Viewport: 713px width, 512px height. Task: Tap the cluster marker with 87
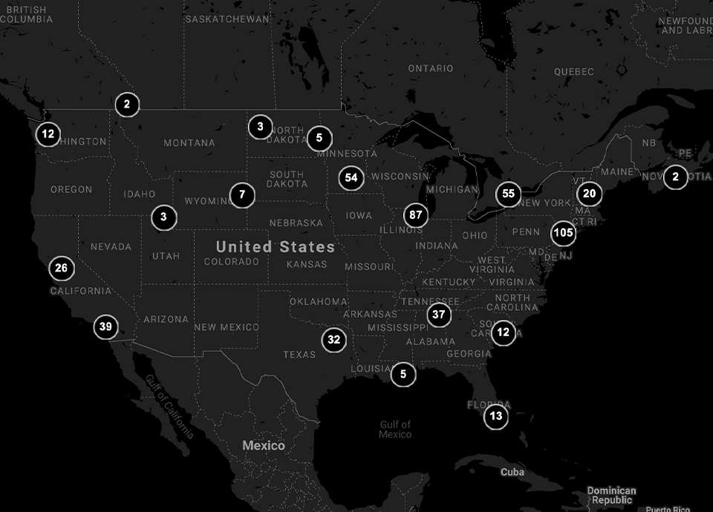(x=416, y=216)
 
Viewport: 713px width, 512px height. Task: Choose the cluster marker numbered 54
(x=351, y=178)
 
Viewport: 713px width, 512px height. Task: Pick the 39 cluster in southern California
(x=105, y=326)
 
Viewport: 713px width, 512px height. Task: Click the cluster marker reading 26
(x=61, y=269)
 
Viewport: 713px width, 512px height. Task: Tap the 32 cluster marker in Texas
(x=334, y=340)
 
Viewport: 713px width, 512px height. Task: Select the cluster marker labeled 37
(x=439, y=315)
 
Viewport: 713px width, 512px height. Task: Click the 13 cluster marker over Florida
(x=496, y=416)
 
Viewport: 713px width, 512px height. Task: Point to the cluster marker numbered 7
(x=242, y=195)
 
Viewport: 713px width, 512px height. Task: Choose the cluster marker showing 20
(x=589, y=194)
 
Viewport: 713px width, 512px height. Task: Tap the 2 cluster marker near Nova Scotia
(x=675, y=177)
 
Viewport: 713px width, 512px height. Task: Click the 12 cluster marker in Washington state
(x=48, y=134)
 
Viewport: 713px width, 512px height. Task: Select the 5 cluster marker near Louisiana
(x=403, y=375)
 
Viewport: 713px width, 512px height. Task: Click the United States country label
(x=276, y=246)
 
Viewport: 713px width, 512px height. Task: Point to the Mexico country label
(x=264, y=446)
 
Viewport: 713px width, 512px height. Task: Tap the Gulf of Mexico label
(x=395, y=430)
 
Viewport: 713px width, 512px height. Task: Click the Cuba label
(x=512, y=472)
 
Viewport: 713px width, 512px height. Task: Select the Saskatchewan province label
(x=227, y=19)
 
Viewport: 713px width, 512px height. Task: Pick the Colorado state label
(x=231, y=262)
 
